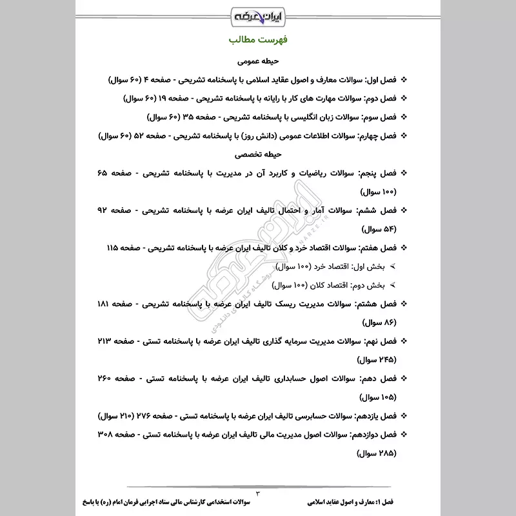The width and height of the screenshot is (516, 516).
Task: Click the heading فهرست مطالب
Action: [258, 41]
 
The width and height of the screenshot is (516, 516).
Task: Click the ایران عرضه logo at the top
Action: [258, 14]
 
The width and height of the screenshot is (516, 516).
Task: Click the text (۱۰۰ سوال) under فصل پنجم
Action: [376, 192]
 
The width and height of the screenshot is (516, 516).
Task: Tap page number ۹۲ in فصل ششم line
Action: [105, 211]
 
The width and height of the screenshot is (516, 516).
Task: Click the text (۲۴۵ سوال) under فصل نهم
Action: [376, 359]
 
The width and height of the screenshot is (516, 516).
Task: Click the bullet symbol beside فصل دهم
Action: [404, 378]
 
